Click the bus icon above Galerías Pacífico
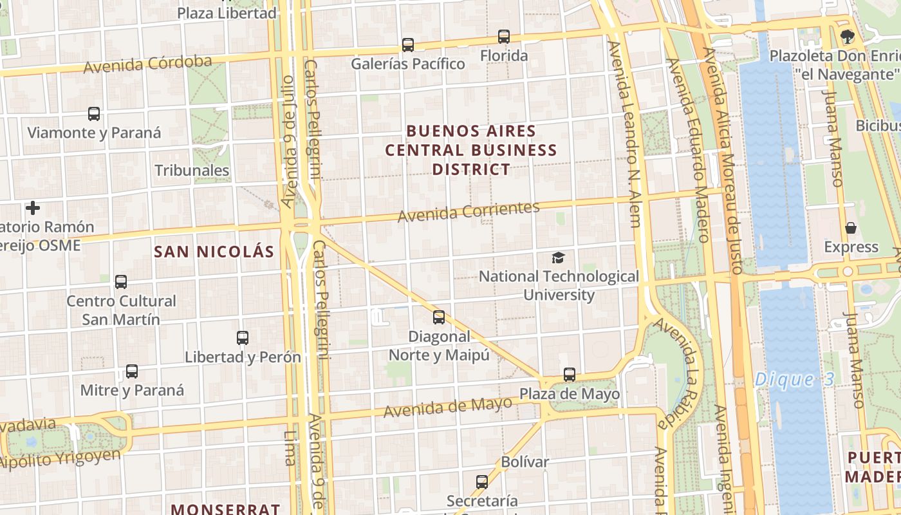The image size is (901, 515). [407, 45]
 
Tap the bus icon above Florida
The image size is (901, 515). [504, 37]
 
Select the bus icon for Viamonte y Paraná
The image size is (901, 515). [94, 114]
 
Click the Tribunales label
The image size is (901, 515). [192, 171]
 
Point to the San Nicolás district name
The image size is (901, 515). [214, 252]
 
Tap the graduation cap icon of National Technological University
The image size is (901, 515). [558, 258]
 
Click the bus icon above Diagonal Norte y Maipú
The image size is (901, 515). [439, 317]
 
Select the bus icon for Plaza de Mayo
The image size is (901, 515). [570, 375]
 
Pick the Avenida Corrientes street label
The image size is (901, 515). [469, 212]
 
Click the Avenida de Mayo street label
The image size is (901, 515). [448, 407]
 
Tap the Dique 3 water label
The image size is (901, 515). [794, 379]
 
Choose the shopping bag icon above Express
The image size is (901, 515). [851, 229]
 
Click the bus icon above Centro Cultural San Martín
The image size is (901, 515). [121, 282]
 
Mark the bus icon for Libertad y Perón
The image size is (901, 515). [243, 338]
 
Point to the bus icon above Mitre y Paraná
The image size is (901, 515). [132, 371]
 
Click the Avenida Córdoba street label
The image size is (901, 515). [147, 64]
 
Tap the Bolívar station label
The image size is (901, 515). [525, 462]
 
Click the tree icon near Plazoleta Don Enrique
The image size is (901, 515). [847, 37]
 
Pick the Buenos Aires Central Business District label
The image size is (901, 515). [471, 150]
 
